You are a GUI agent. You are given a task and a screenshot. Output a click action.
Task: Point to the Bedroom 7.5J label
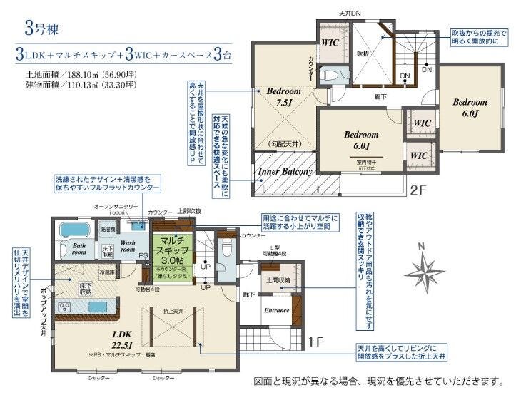pos(284,97)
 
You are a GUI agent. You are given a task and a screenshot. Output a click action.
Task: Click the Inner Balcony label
pos(285,172)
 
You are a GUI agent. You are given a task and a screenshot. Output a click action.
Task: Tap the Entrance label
pos(276,310)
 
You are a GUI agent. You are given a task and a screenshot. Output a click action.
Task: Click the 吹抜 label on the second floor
pos(363,53)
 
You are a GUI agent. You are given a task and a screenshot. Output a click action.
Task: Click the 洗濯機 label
pos(106,230)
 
